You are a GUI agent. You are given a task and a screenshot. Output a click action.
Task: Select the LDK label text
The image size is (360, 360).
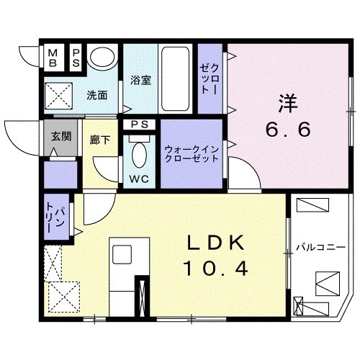[212, 242]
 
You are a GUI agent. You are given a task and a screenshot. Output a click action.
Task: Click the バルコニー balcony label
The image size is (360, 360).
[321, 248]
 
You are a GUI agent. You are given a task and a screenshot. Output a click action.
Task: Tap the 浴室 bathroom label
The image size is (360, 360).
[140, 80]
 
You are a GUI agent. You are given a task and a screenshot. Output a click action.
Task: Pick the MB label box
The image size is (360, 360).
[55, 57]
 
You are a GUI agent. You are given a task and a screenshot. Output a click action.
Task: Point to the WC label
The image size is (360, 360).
[139, 178]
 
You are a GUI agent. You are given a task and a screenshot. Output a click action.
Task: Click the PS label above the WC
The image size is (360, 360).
[140, 125]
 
